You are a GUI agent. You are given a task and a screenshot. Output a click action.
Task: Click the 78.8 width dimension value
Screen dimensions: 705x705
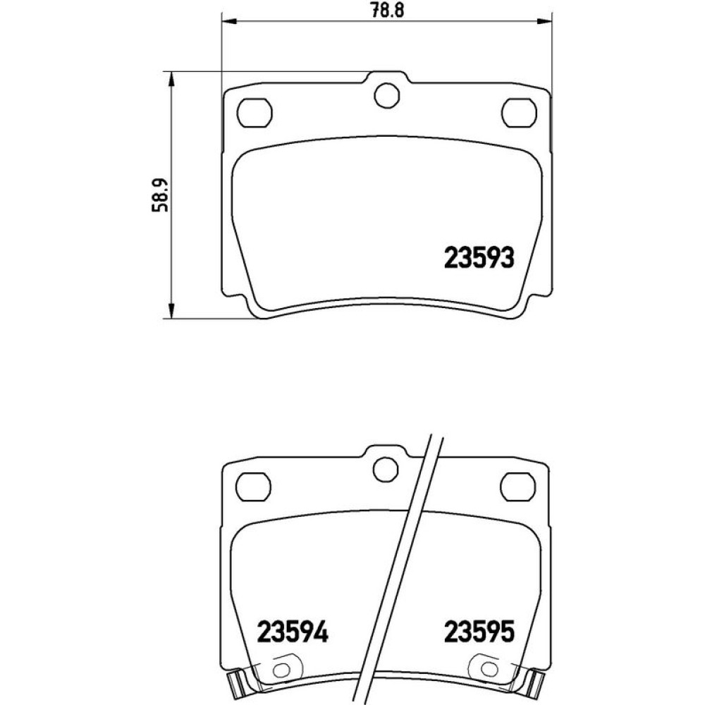click(388, 9)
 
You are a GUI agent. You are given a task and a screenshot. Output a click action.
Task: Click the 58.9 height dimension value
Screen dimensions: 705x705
click(161, 195)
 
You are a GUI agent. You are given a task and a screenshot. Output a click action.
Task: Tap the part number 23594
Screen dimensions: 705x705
click(293, 631)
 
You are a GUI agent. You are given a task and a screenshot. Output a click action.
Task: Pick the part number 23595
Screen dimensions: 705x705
click(479, 631)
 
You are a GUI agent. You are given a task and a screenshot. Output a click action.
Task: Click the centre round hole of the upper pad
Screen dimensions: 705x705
click(386, 95)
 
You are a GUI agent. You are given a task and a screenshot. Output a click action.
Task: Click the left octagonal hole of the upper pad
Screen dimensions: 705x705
click(255, 112)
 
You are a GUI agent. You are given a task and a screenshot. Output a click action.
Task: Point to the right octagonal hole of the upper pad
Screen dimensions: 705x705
click(520, 112)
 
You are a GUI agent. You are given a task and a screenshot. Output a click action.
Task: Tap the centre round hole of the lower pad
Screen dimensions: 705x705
click(386, 470)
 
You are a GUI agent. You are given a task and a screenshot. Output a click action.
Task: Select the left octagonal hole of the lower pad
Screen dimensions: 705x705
click(253, 486)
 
